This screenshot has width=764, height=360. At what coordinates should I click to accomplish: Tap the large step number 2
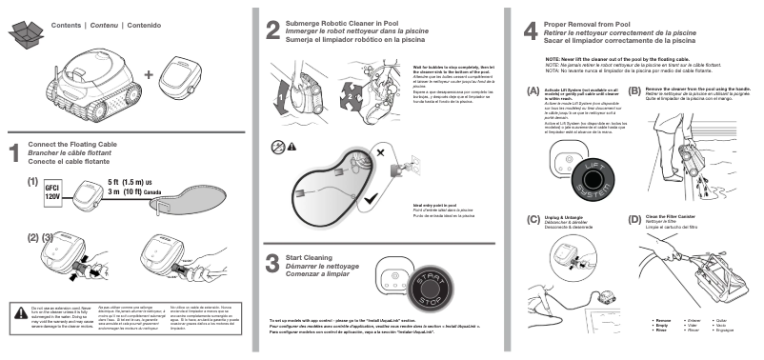272,29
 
